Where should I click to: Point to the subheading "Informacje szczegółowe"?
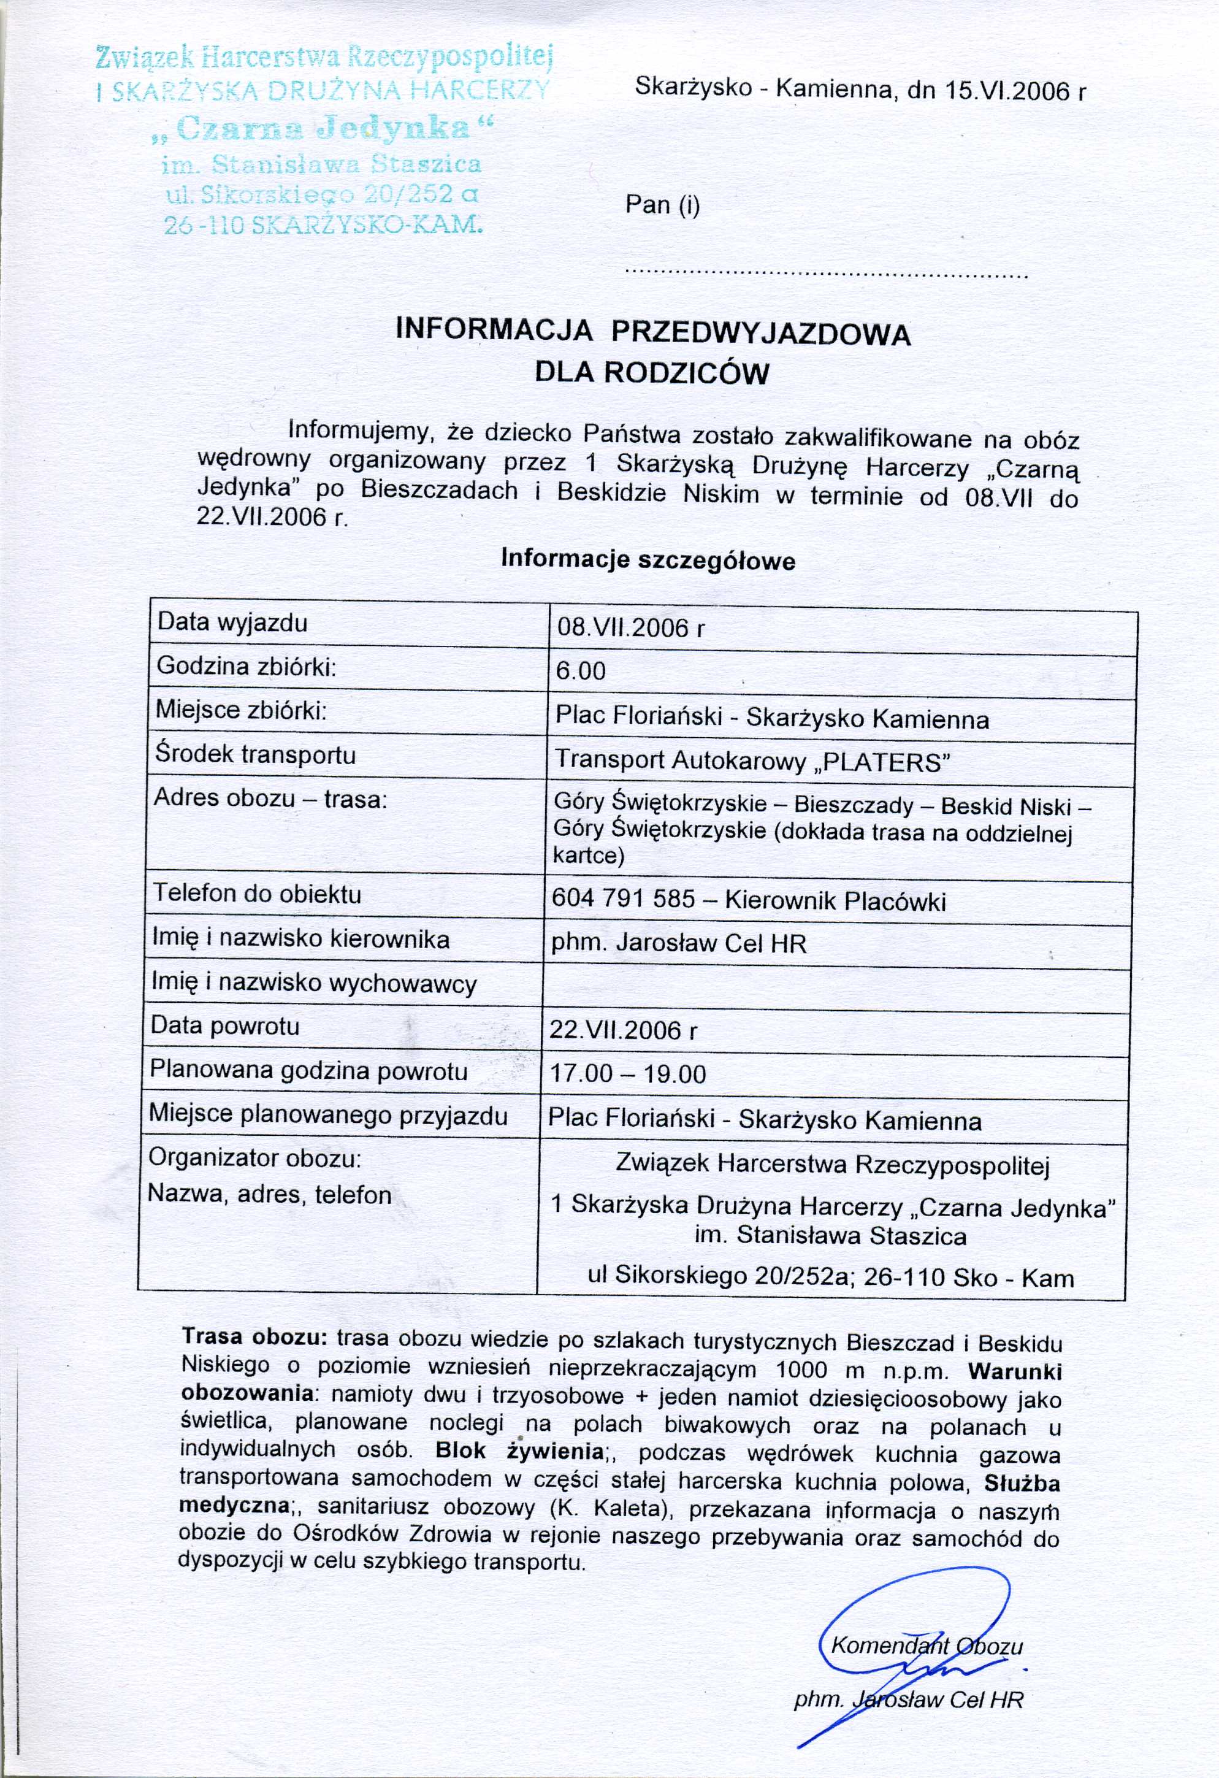(648, 560)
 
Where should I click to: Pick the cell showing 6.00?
(581, 671)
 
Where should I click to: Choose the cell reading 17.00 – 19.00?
(627, 1074)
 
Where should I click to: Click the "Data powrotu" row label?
(225, 1025)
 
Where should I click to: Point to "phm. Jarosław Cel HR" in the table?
(678, 943)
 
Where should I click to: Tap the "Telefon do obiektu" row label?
(257, 894)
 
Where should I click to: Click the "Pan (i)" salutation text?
(662, 205)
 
